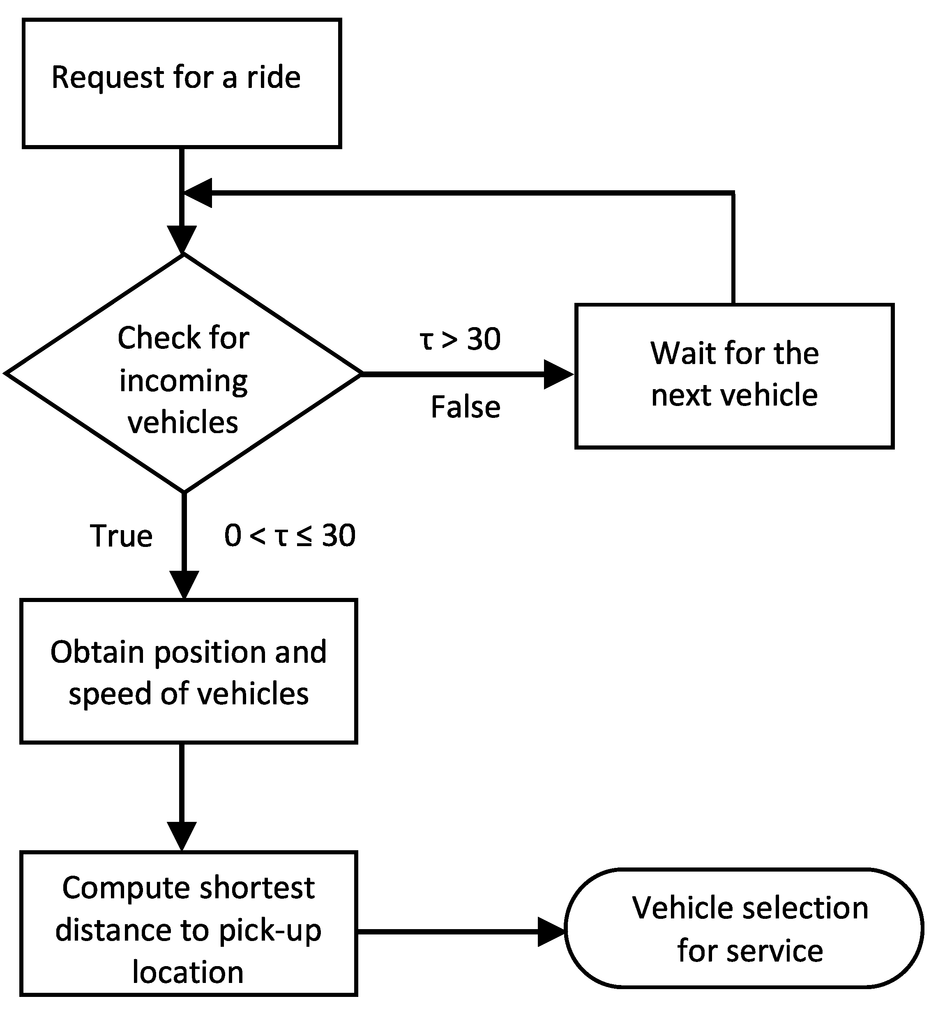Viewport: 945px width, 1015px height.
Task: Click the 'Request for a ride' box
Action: pyautogui.click(x=182, y=83)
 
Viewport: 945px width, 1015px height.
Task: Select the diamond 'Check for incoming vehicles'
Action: pyautogui.click(x=183, y=373)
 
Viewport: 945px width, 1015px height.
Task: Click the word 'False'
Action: pyautogui.click(x=466, y=407)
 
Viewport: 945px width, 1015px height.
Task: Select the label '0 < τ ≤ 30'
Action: pyautogui.click(x=290, y=535)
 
